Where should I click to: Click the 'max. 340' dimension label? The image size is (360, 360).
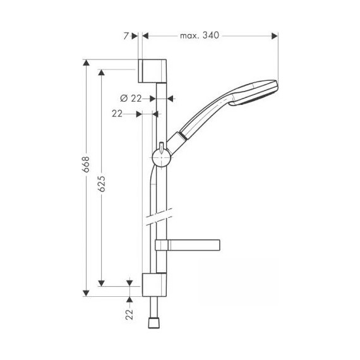click(199, 35)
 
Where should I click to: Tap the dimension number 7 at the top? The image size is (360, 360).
click(127, 36)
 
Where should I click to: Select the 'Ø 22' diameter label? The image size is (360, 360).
click(129, 98)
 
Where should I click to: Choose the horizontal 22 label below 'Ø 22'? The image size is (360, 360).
click(117, 114)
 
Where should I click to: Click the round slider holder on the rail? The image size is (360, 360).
click(162, 157)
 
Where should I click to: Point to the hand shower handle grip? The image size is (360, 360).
click(205, 117)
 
